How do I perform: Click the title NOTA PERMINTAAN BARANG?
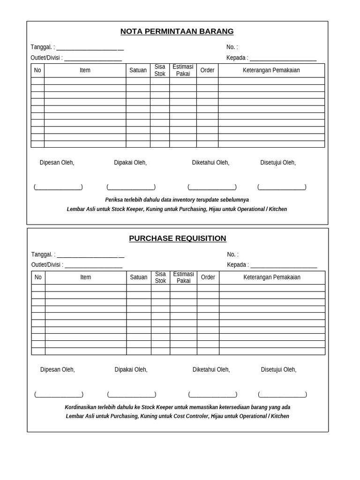[x=177, y=31]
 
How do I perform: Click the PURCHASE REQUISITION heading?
[x=178, y=238]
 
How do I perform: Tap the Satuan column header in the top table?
[x=138, y=70]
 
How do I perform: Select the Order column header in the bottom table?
[x=208, y=277]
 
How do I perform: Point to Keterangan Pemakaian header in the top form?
[x=271, y=70]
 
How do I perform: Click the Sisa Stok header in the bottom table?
[x=160, y=277]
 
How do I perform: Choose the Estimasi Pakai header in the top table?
[x=183, y=70]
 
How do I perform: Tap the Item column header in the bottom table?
[x=85, y=277]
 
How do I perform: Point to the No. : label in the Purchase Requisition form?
[x=232, y=255]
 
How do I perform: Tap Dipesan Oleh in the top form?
[x=57, y=163]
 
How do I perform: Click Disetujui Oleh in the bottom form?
[x=278, y=369]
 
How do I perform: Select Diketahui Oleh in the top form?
[x=210, y=163]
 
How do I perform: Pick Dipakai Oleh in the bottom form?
[x=131, y=369]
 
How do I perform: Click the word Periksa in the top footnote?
[x=114, y=200]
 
